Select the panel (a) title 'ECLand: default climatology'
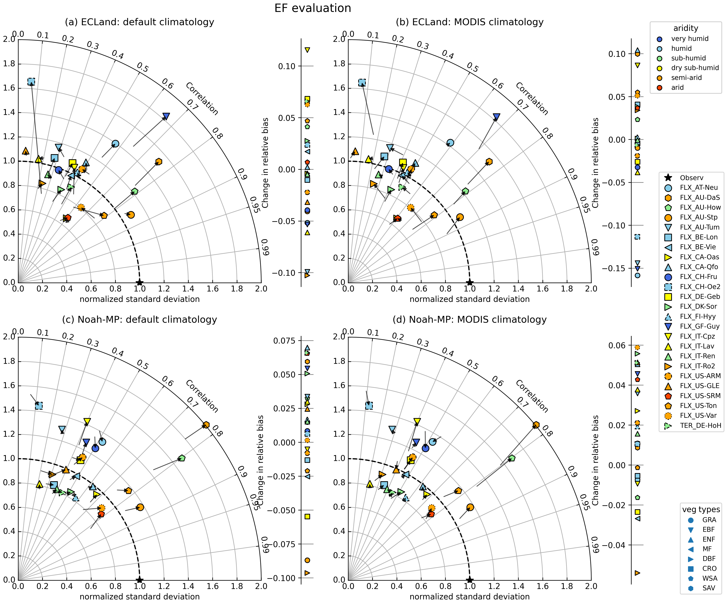(x=139, y=22)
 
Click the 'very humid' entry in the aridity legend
(x=685, y=39)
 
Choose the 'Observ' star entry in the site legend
(x=686, y=178)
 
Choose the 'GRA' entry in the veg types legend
(x=704, y=520)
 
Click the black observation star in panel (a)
(x=139, y=282)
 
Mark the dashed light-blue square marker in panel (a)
(x=31, y=82)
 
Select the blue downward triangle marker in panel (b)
(x=497, y=117)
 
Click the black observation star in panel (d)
(x=469, y=580)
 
